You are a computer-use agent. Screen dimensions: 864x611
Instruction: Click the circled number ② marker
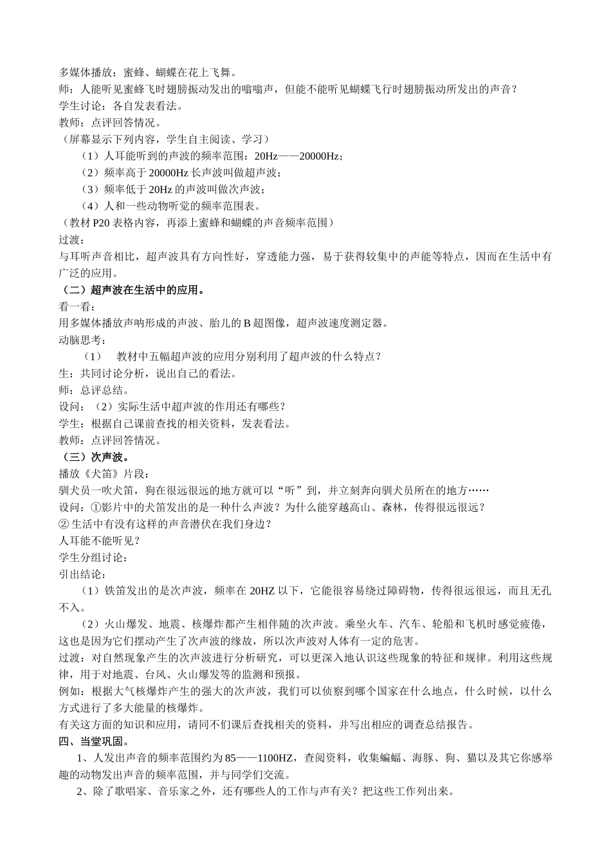point(63,524)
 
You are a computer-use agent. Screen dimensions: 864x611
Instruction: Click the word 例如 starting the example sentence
point(69,691)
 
